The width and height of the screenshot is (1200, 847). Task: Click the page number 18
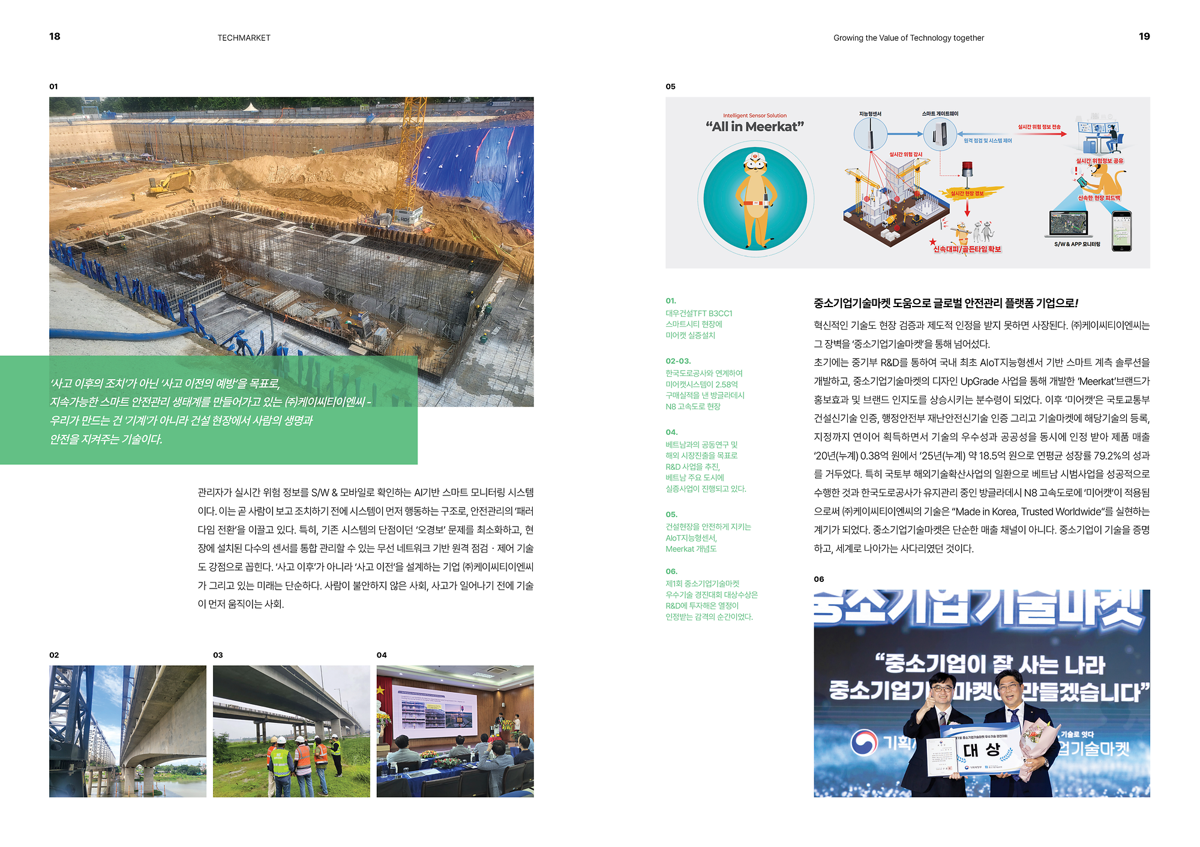[55, 37]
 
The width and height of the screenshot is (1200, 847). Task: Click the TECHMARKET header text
[244, 38]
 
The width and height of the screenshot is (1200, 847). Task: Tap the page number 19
[1144, 37]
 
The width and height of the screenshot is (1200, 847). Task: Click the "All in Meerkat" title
[754, 127]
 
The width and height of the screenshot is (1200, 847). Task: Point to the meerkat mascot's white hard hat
[755, 160]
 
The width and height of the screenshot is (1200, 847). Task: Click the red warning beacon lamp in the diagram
[967, 168]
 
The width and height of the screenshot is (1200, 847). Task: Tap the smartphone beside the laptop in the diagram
[1121, 231]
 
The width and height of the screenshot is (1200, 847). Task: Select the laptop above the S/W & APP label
[1068, 224]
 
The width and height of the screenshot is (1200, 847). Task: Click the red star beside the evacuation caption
[933, 242]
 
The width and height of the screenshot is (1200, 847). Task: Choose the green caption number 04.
[671, 432]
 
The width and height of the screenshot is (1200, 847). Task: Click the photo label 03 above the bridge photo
[218, 655]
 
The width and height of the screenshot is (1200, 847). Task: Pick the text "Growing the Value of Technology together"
[908, 38]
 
